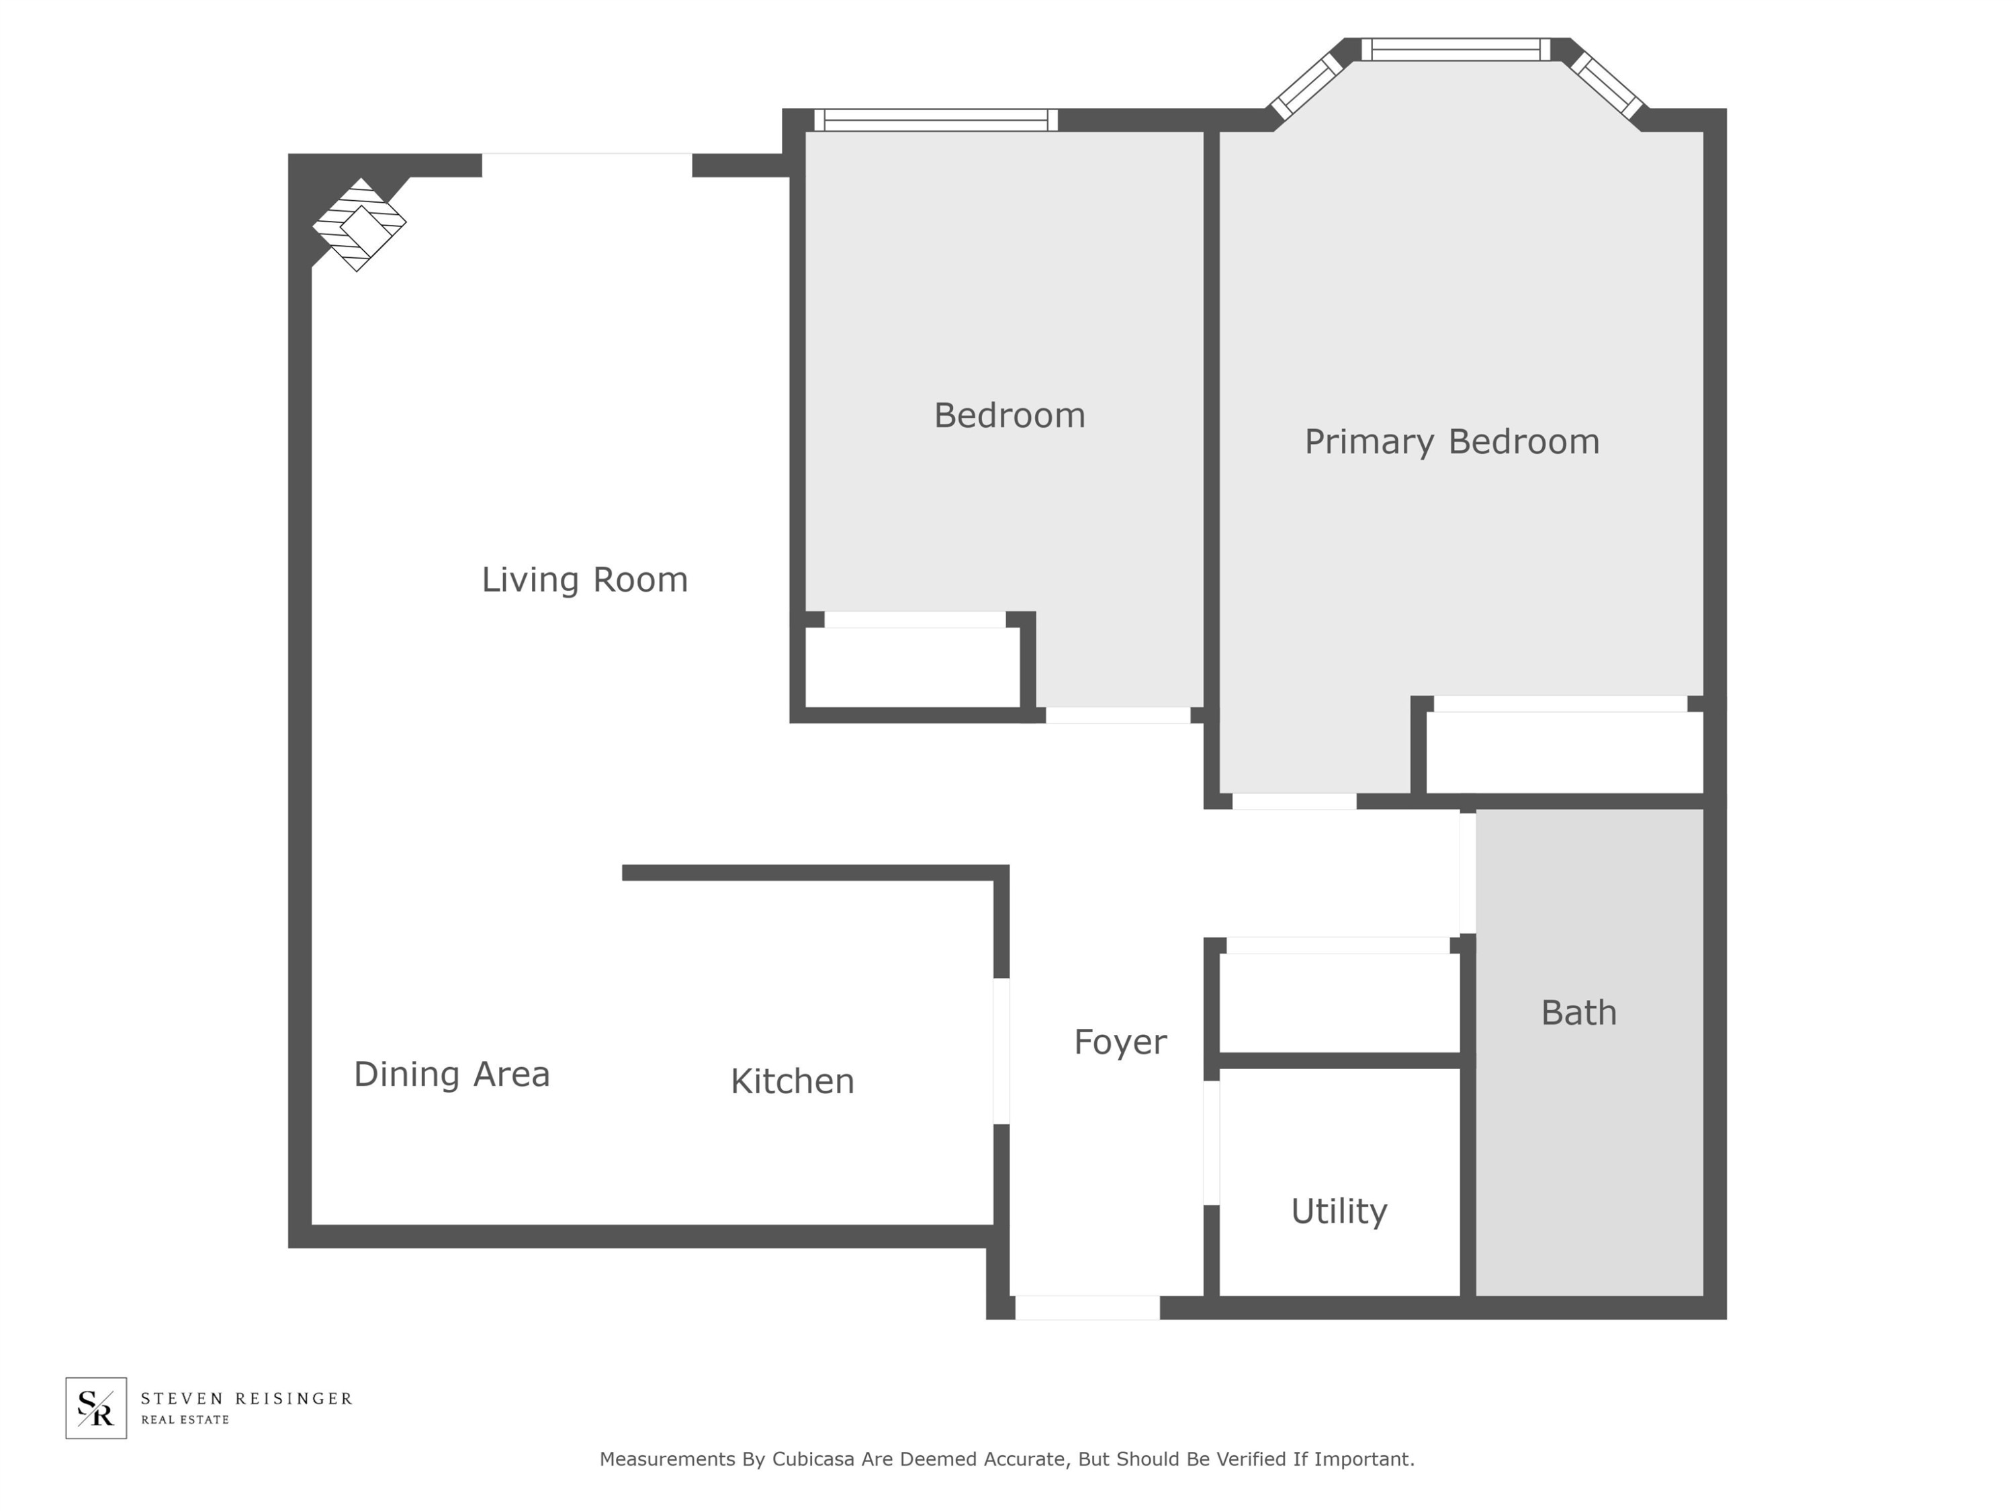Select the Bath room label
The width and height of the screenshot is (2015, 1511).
(1578, 1013)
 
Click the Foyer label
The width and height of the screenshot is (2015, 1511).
(1120, 1042)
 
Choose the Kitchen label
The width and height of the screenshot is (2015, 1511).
(792, 1081)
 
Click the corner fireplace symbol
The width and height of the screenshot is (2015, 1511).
(359, 224)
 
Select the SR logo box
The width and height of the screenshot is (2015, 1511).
(95, 1408)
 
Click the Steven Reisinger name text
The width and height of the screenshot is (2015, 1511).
(246, 1398)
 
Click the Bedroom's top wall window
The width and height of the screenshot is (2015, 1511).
(936, 120)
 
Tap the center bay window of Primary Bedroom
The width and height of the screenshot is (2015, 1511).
(1456, 49)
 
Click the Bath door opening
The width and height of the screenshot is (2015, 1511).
(1468, 872)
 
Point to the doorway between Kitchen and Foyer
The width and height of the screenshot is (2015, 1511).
(1001, 1051)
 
